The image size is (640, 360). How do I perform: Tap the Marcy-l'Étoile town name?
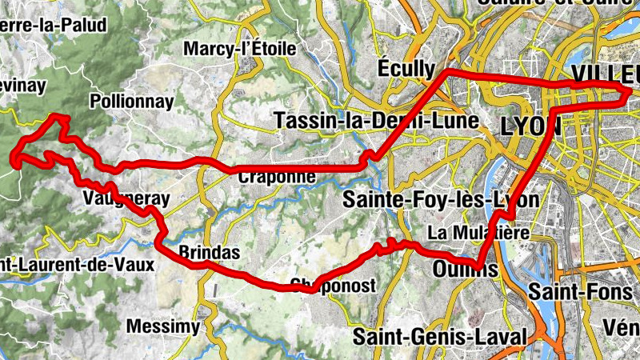239,49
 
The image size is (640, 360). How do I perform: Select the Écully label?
406,67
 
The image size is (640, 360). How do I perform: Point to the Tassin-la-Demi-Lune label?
376,121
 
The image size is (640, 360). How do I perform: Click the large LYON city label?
532,126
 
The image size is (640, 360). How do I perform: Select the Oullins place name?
465,267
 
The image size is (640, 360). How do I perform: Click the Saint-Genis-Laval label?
441,336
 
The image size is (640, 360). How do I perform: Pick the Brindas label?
209,252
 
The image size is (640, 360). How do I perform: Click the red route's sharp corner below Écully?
447,73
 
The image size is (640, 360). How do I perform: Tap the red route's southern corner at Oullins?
478,268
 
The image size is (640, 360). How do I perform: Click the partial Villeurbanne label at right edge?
606,73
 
